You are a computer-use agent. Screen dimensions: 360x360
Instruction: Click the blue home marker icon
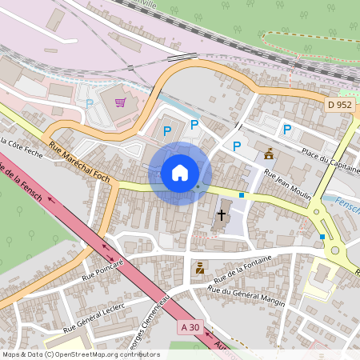(179, 172)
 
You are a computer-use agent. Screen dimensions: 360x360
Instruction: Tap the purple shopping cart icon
(120, 102)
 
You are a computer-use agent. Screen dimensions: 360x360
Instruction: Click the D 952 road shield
(340, 105)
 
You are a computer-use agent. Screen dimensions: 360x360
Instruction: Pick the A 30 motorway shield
(190, 327)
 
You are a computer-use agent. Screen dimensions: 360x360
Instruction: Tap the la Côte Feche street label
(22, 146)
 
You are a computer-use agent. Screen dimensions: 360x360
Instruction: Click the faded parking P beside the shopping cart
(90, 103)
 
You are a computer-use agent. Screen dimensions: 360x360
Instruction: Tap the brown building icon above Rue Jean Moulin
(269, 154)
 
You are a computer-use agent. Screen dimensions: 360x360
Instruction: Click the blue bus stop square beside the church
(241, 194)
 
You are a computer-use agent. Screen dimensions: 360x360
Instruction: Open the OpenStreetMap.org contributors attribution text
(80, 354)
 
